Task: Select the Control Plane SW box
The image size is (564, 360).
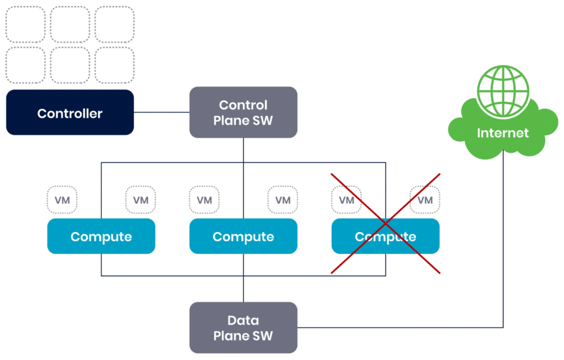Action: tap(243, 112)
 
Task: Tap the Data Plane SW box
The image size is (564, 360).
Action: tap(243, 328)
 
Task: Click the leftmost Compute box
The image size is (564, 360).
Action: tap(101, 236)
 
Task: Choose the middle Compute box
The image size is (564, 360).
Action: tap(243, 236)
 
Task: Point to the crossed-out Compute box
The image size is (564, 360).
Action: tap(386, 236)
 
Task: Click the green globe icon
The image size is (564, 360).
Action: tap(503, 90)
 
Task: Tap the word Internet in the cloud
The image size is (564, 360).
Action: tap(503, 133)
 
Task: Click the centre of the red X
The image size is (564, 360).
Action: tap(386, 223)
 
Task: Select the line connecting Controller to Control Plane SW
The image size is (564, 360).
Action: tap(162, 113)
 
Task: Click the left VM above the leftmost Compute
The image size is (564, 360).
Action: tap(62, 200)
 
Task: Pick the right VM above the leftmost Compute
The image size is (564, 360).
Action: tap(141, 200)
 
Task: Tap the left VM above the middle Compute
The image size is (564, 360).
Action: tap(204, 200)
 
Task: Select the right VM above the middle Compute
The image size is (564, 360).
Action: tap(283, 200)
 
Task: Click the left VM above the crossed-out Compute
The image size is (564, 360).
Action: tap(346, 200)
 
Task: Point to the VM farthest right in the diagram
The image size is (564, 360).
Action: tap(425, 200)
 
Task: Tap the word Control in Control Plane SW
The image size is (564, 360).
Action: tap(243, 105)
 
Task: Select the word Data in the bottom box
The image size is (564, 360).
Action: tap(243, 320)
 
